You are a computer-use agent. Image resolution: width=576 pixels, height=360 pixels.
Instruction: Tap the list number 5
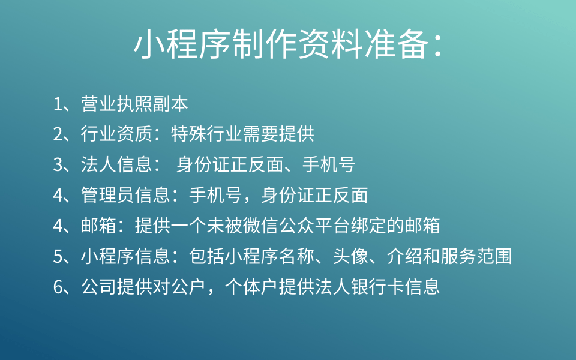[58, 257]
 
